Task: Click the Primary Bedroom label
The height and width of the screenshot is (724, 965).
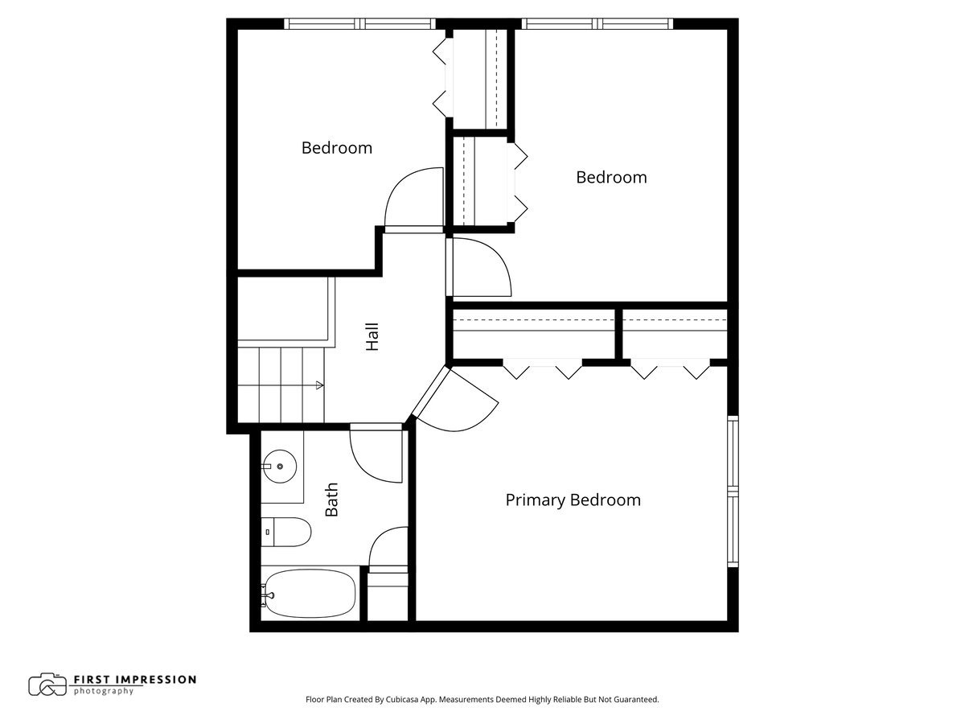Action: pos(573,500)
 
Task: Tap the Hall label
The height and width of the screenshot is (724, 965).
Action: pos(372,336)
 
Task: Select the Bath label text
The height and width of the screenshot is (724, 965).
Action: pos(331,499)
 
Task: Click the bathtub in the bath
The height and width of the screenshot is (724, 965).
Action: pos(309,594)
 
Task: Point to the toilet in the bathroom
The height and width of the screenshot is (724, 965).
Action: pos(288,532)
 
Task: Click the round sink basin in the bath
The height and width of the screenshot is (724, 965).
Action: pos(279,466)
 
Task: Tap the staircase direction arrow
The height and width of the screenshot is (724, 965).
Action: pos(319,385)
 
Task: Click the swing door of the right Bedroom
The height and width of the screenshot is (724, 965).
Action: pos(480,268)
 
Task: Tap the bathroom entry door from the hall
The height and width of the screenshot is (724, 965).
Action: pos(376,455)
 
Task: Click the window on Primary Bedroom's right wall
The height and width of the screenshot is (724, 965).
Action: pos(733,491)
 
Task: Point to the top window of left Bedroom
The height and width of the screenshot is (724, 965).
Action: pos(360,23)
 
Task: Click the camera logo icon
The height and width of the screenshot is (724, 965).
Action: pos(47,685)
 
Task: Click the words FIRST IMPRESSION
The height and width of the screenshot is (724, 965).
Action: pos(134,679)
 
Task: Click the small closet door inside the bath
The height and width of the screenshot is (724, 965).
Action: pos(388,549)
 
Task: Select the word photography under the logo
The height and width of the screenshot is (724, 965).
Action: pos(104,691)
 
